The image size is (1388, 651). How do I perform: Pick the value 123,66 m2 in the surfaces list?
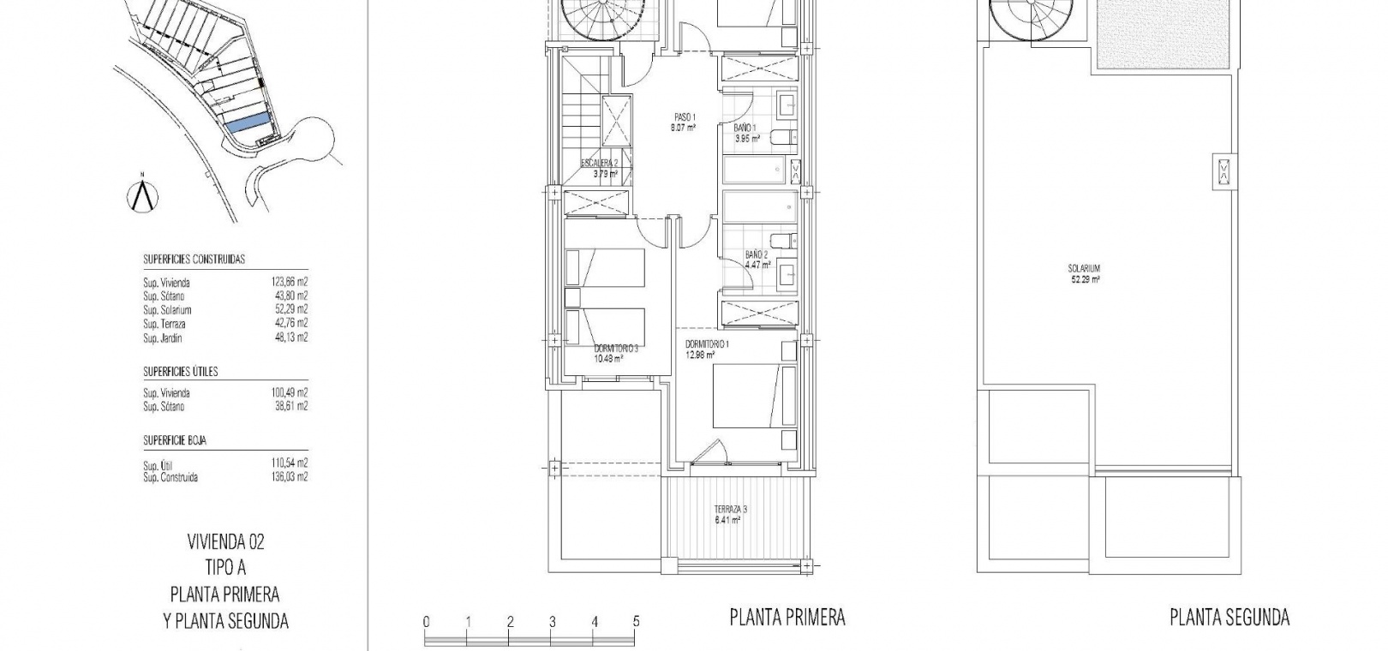tap(290, 282)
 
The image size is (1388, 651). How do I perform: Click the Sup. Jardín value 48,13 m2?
tap(290, 337)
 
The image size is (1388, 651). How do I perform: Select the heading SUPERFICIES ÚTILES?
tap(180, 372)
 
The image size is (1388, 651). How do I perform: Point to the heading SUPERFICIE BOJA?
tap(175, 440)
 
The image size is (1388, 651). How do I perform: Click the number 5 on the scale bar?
tap(637, 621)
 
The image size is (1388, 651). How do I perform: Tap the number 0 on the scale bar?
tap(426, 621)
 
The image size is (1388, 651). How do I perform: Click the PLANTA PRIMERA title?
tap(787, 617)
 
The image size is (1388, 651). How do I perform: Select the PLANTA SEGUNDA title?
tap(1230, 617)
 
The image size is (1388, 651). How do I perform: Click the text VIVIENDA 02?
tap(225, 542)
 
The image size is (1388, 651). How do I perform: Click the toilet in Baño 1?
tap(783, 137)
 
